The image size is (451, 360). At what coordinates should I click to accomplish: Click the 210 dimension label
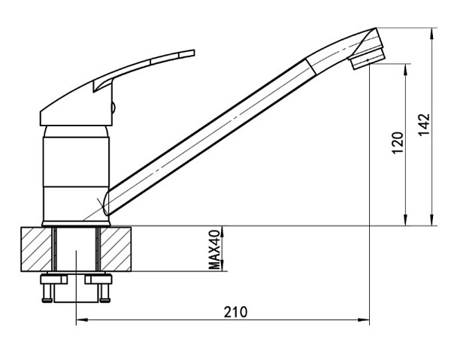(x=235, y=312)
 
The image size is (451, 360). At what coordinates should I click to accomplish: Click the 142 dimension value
(x=424, y=125)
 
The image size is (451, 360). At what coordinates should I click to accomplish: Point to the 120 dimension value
(x=398, y=143)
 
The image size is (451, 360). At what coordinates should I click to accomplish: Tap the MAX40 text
(x=214, y=250)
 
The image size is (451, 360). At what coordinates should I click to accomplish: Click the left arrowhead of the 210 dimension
(x=81, y=319)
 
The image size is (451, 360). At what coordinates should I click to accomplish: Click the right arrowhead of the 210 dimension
(x=364, y=319)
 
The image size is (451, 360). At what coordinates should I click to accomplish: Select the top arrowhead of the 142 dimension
(x=431, y=33)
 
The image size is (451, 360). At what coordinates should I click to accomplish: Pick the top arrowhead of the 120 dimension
(x=406, y=69)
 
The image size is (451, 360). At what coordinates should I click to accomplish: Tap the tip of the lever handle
(x=194, y=53)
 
